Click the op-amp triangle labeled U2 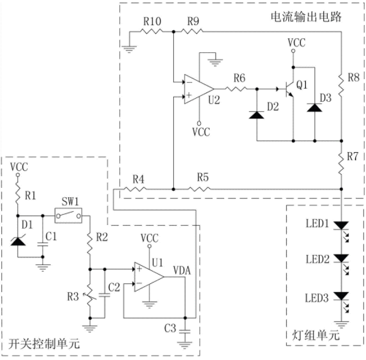click(198, 89)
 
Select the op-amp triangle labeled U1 click(149, 277)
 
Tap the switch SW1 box click(68, 215)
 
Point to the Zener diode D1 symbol click(18, 241)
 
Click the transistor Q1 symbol click(289, 89)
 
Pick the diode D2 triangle click(257, 115)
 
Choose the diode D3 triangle click(315, 107)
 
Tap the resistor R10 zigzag click(151, 31)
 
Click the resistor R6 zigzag click(236, 89)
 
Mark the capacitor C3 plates click(185, 332)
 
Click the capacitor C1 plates click(43, 244)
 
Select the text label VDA click(182, 270)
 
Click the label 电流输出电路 click(306, 17)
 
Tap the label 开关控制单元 click(44, 344)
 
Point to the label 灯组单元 click(316, 335)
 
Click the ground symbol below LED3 click(342, 325)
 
